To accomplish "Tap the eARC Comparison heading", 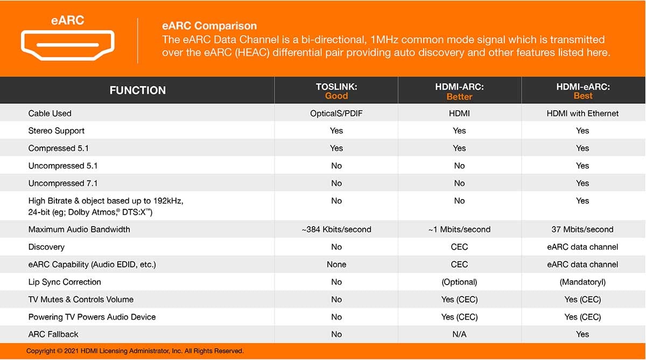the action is pos(209,26).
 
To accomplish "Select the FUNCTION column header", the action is pos(138,90).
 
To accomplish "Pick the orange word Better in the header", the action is pos(459,96).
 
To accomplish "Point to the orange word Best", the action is pos(583,96).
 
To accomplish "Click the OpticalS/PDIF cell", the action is pos(336,114).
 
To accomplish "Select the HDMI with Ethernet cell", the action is pos(582,114).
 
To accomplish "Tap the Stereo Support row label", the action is pos(56,131).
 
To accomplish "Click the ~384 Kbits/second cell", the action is pos(336,229).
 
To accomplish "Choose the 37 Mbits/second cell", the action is pos(582,229).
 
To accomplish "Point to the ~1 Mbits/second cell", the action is pos(459,229).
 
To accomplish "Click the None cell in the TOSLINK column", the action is pos(336,264).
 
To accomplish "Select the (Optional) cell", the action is pos(459,282).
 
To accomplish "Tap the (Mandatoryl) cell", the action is pos(582,282).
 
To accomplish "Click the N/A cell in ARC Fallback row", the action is pos(459,334).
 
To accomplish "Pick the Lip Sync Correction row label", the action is pos(65,282).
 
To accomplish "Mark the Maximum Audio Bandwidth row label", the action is pos(79,229).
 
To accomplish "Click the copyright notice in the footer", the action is pos(135,351).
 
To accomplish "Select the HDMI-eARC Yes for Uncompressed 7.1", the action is pos(582,183).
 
